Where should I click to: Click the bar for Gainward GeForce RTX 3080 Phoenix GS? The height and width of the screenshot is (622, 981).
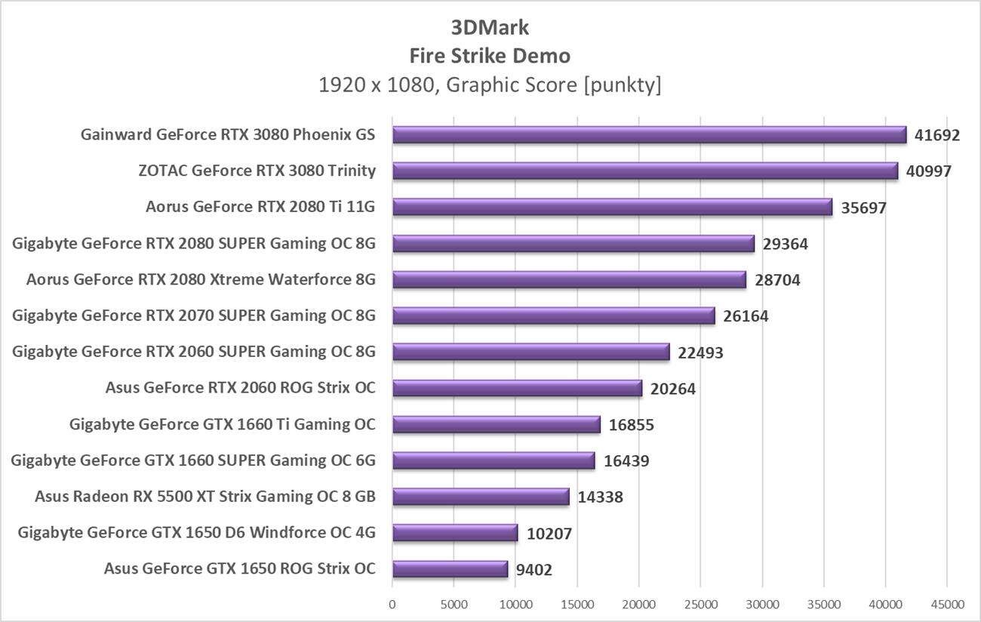tap(649, 135)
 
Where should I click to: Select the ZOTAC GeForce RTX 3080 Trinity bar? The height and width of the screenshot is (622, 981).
tap(645, 171)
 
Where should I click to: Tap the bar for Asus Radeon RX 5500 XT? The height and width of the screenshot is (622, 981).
tap(481, 497)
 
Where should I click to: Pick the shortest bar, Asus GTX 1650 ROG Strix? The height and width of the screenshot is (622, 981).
tap(450, 569)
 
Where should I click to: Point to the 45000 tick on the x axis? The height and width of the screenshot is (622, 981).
tap(947, 605)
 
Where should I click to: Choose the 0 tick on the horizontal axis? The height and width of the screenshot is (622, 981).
tap(392, 605)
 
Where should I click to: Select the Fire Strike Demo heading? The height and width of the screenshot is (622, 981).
tap(490, 56)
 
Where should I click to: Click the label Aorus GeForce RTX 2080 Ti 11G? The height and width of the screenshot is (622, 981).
tap(260, 207)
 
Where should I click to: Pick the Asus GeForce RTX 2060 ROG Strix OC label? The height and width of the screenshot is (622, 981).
tap(241, 388)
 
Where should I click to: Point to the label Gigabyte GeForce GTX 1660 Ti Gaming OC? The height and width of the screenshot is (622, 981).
tap(222, 424)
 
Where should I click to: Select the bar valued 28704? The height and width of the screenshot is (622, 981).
tap(569, 280)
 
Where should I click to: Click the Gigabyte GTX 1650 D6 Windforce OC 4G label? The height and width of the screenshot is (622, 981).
tap(196, 533)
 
